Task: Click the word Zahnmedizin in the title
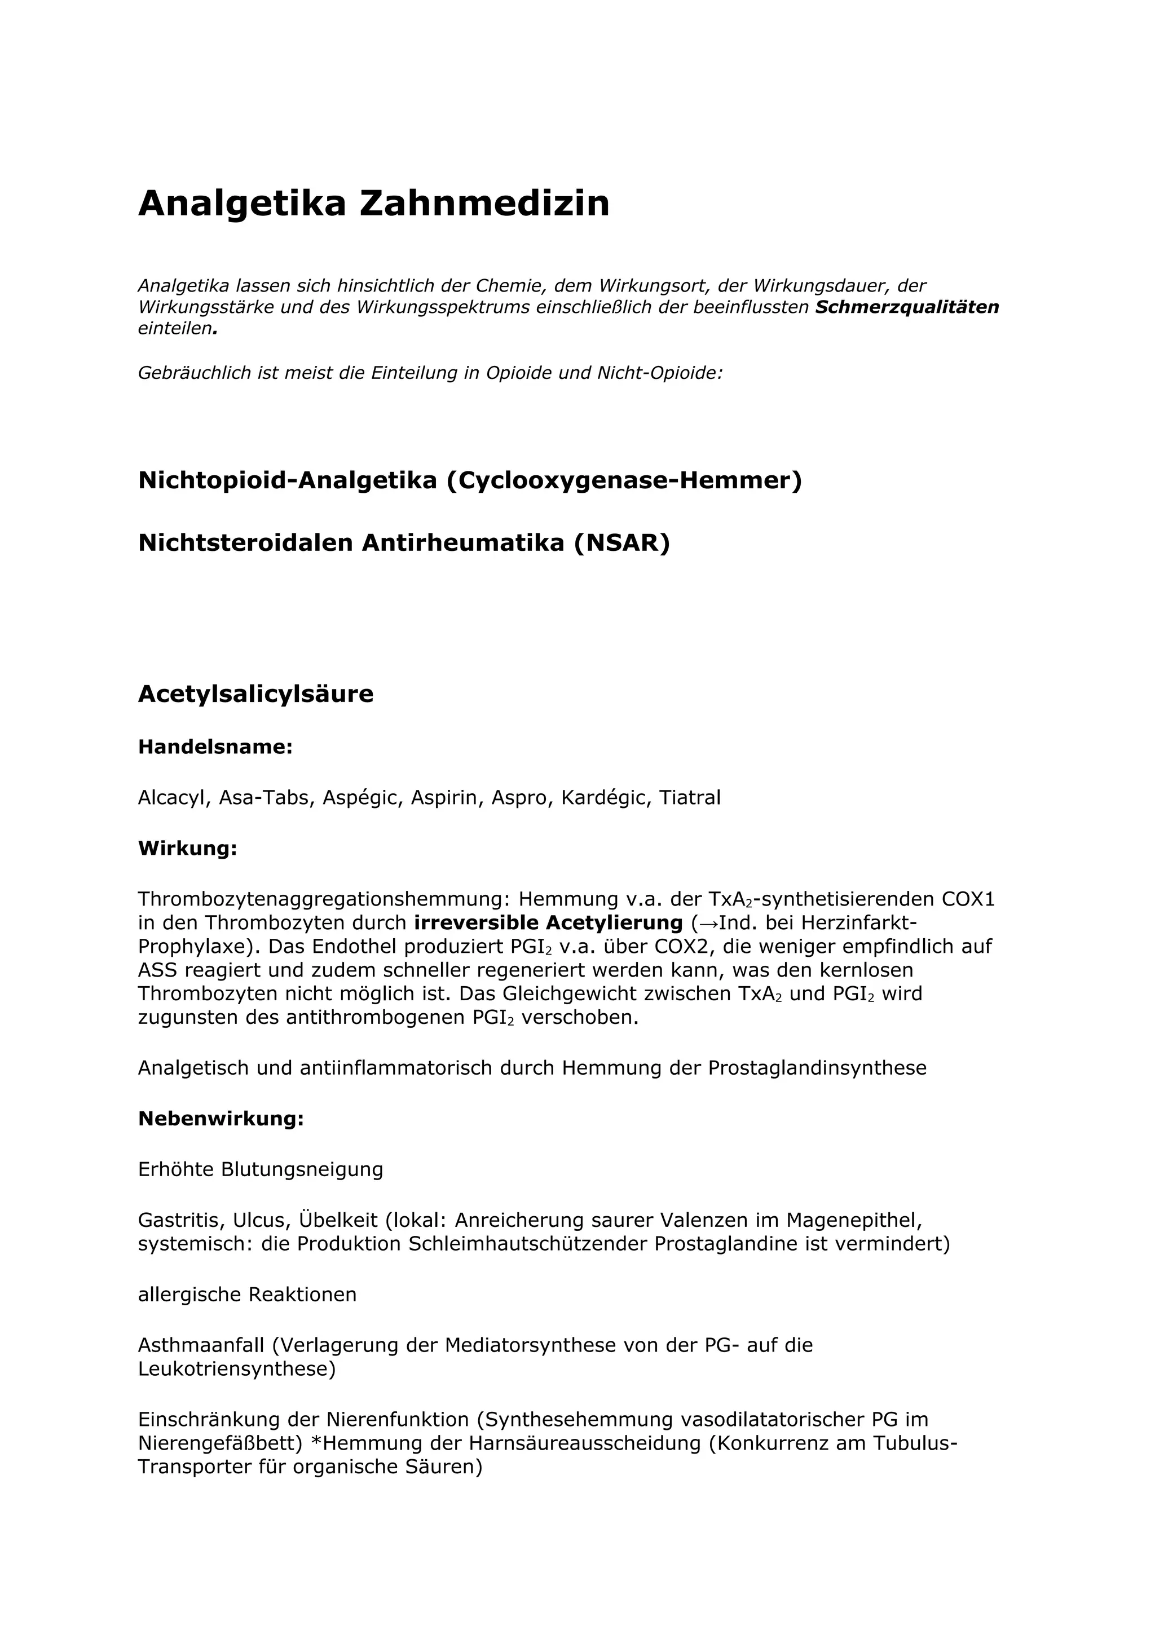(x=484, y=204)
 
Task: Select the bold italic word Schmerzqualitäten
(x=907, y=307)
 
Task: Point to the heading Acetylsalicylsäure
(x=255, y=694)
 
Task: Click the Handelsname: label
(x=215, y=747)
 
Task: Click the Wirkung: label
(x=187, y=849)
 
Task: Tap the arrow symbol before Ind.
(x=708, y=924)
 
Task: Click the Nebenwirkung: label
(x=221, y=1119)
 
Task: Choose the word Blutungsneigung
(x=302, y=1170)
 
